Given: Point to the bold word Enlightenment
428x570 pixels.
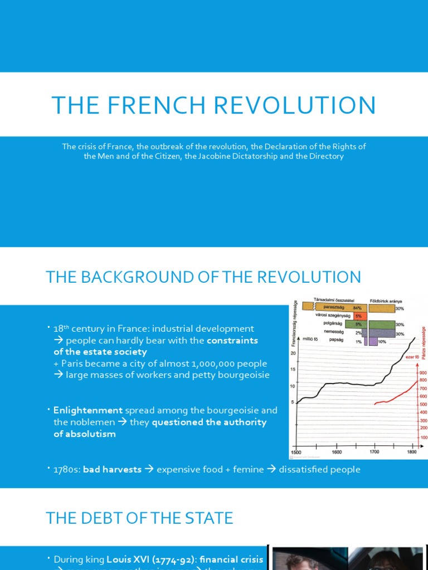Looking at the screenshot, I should [x=88, y=410].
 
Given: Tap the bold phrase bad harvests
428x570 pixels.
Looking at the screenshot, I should [x=112, y=469].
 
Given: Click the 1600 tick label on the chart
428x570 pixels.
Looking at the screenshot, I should [x=337, y=452].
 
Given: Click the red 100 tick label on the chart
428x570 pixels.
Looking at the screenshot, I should [x=424, y=438].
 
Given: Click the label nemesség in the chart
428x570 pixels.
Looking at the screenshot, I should [x=333, y=333].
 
